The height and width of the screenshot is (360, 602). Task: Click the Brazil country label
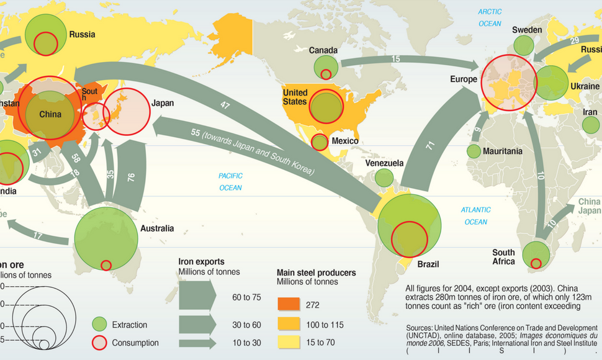click(x=428, y=264)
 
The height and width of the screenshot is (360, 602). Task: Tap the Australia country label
click(x=156, y=228)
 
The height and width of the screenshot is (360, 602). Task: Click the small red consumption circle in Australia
click(x=106, y=264)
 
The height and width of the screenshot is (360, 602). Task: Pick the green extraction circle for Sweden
click(x=524, y=45)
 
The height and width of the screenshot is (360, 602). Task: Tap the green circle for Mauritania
click(x=474, y=151)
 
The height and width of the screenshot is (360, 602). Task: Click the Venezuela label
click(x=384, y=163)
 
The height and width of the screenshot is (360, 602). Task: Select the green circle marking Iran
click(x=591, y=125)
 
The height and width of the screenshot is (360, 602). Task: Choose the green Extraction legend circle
click(x=100, y=324)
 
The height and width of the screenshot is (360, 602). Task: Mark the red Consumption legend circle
click(x=100, y=343)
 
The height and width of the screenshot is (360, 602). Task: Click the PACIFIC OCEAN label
click(x=230, y=182)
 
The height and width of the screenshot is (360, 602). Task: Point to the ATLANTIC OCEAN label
click(x=475, y=216)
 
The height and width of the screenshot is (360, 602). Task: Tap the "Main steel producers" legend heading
click(x=315, y=272)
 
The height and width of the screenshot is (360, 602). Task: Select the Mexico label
click(x=345, y=141)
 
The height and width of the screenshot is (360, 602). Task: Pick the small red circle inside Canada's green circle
click(x=326, y=74)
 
